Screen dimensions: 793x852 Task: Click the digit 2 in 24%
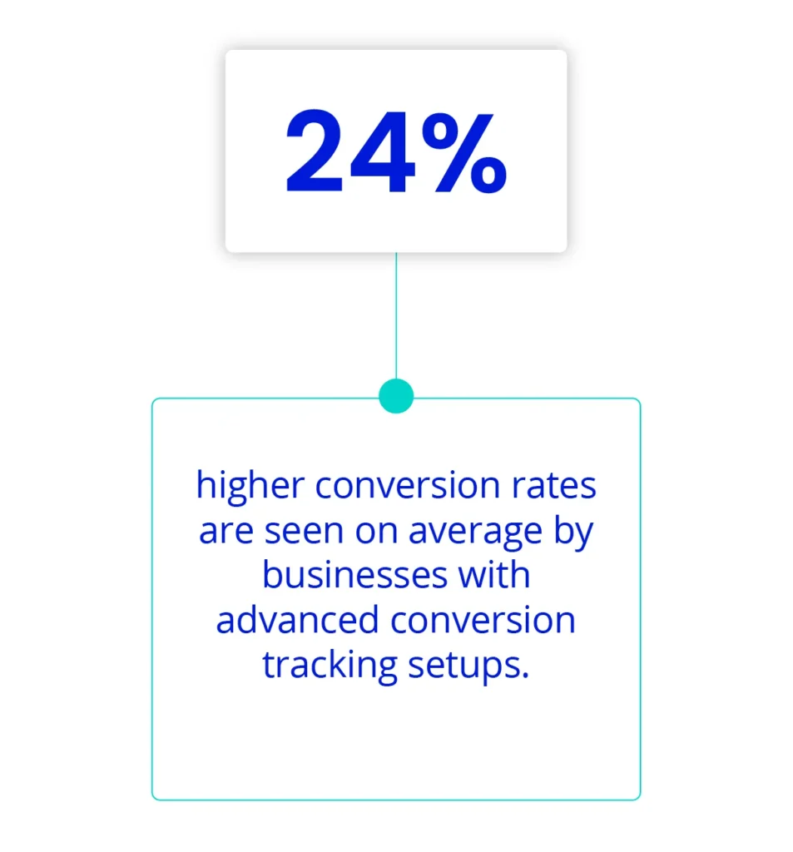point(315,151)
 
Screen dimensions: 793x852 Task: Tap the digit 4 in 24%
point(383,151)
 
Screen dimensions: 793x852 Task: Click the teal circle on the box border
point(396,396)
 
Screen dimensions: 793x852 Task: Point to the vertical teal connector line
point(396,315)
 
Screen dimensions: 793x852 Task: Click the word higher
point(250,486)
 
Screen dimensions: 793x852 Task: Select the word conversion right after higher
point(408,486)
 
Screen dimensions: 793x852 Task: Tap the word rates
point(554,486)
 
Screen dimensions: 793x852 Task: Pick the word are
point(226,532)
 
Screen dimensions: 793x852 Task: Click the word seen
point(304,532)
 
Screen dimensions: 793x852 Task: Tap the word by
point(573,532)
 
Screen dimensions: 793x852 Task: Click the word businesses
point(355,575)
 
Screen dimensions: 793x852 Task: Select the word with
point(494,575)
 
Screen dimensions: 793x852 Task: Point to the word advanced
point(297,620)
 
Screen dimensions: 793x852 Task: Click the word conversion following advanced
point(483,621)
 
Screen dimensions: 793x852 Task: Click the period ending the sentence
point(525,676)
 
